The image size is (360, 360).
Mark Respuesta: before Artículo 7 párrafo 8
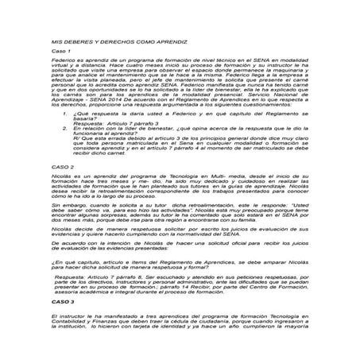click(x=70, y=278)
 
